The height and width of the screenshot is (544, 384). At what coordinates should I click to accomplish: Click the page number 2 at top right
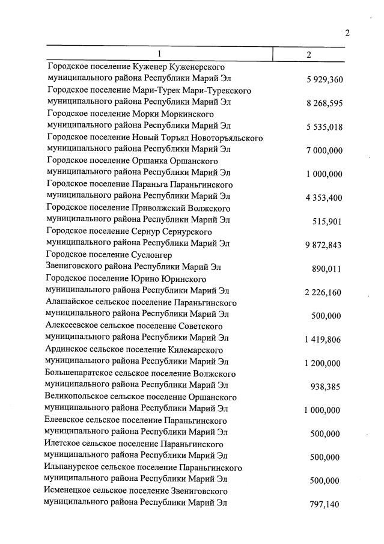pyautogui.click(x=347, y=33)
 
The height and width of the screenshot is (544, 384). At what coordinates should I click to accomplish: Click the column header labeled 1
pyautogui.click(x=159, y=54)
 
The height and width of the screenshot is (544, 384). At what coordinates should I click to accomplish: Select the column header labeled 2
pyautogui.click(x=309, y=55)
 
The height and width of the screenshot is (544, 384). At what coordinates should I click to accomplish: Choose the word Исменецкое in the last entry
pyautogui.click(x=67, y=491)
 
